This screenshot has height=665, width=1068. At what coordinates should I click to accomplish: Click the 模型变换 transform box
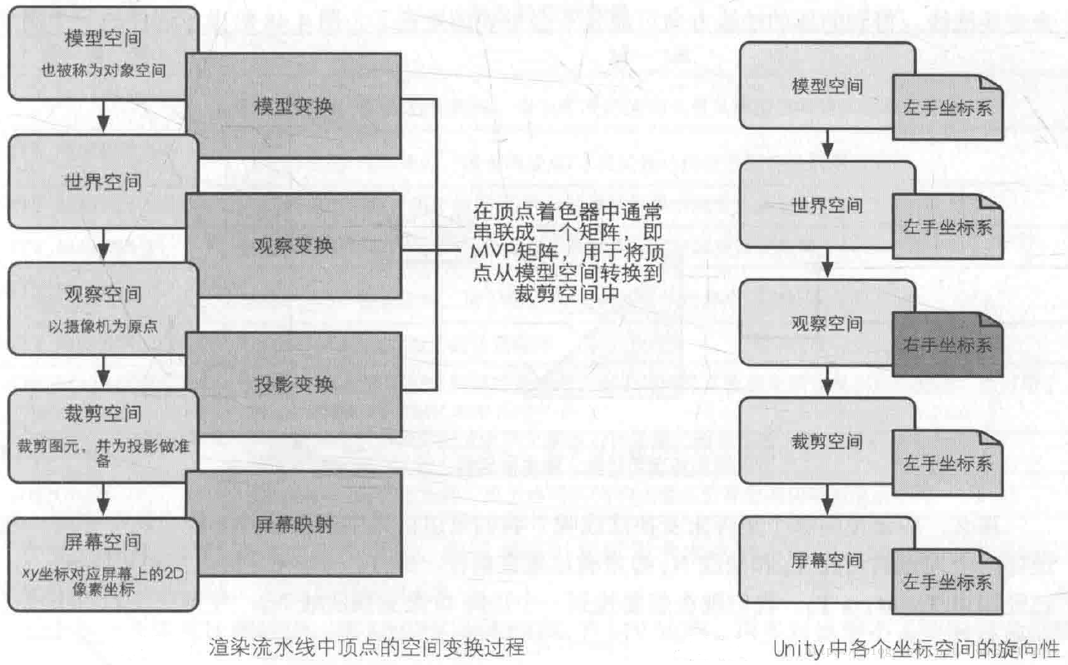click(x=293, y=107)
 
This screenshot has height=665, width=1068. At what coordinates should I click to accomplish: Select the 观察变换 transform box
click(x=293, y=246)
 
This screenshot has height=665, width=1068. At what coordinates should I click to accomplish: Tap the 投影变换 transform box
click(x=293, y=385)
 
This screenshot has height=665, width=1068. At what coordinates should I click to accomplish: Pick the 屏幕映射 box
click(x=293, y=524)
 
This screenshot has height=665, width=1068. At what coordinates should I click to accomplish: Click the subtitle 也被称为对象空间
click(x=103, y=71)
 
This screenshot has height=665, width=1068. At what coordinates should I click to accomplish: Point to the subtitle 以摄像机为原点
click(x=103, y=326)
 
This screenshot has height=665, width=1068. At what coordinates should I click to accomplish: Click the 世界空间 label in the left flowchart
click(x=103, y=182)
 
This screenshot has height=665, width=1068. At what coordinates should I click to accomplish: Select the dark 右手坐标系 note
click(x=947, y=345)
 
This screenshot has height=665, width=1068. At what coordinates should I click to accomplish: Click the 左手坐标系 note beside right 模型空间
click(x=947, y=109)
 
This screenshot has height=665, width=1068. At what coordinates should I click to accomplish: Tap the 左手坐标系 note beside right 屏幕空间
click(x=947, y=582)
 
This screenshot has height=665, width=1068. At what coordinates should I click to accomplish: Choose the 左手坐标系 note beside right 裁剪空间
click(x=947, y=464)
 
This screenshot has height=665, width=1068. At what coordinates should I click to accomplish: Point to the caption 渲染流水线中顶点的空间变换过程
click(x=366, y=647)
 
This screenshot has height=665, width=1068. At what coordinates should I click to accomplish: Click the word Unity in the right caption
click(x=798, y=648)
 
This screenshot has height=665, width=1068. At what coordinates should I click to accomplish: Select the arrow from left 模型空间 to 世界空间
click(x=103, y=117)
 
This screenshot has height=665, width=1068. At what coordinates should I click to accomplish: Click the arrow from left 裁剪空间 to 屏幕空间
click(x=103, y=500)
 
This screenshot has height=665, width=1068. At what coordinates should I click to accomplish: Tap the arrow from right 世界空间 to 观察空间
click(x=827, y=263)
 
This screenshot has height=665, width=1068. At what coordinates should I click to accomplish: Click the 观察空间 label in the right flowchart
click(x=827, y=323)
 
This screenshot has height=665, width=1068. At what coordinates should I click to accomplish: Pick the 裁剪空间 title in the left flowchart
click(x=103, y=414)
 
